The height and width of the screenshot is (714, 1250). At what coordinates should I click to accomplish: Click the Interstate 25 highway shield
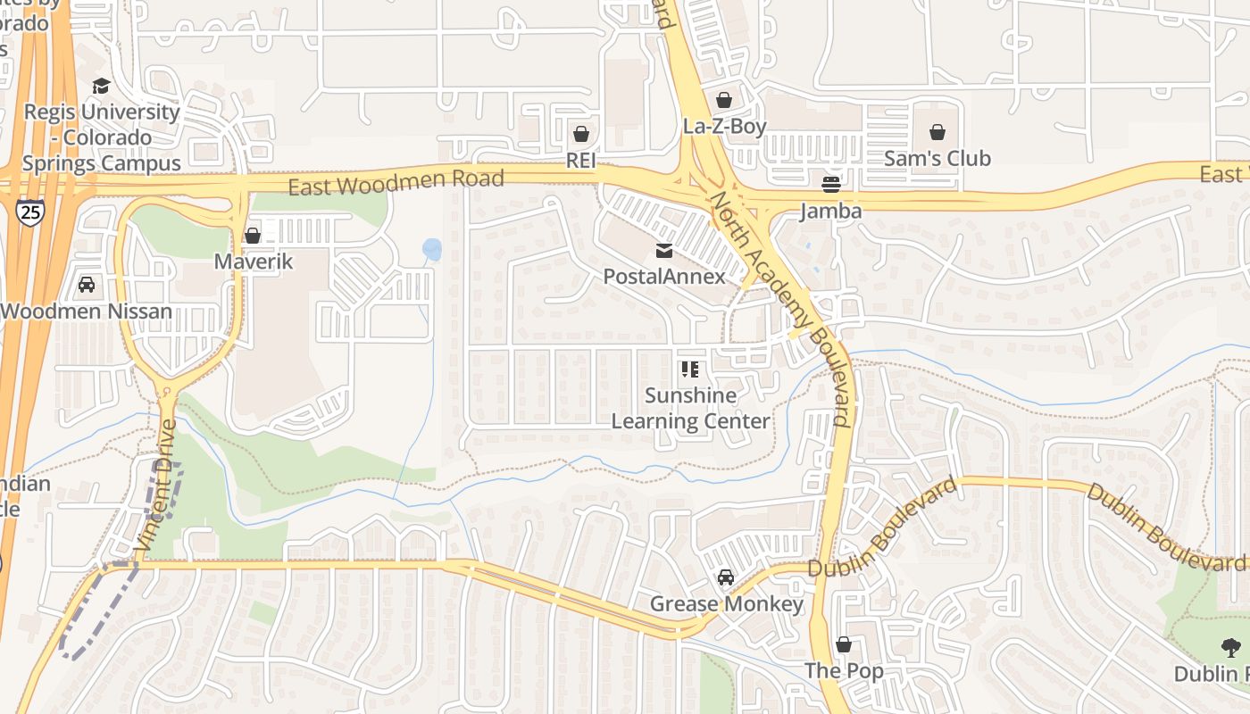[x=29, y=212]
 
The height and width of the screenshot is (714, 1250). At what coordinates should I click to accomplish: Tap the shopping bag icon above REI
[x=581, y=134]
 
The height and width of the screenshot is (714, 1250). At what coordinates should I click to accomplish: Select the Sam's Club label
[x=937, y=158]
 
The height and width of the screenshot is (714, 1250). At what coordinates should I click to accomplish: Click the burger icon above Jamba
[x=831, y=185]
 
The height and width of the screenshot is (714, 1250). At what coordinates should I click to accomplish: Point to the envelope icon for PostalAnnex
[x=664, y=251]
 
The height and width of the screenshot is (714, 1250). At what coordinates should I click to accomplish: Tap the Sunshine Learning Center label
[x=690, y=408]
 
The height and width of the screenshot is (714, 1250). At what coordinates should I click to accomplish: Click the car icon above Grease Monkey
[x=726, y=577]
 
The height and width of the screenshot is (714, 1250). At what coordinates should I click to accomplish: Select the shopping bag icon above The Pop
[x=844, y=644]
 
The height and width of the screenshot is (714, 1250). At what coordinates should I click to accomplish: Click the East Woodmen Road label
[x=396, y=182]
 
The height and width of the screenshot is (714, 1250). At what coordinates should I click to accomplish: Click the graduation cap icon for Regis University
[x=101, y=86]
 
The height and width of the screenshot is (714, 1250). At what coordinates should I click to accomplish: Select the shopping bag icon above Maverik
[x=253, y=236]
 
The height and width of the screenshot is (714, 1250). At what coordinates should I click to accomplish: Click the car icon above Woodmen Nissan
[x=87, y=285]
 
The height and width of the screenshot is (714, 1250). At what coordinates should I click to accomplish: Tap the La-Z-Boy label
[x=724, y=127]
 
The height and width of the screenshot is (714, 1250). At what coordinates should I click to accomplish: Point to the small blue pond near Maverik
[x=432, y=249]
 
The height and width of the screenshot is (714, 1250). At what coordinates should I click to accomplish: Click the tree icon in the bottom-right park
[x=1232, y=648]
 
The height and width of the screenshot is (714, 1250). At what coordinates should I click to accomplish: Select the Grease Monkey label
[x=726, y=604]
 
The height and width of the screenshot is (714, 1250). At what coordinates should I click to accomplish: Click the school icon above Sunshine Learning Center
[x=689, y=369]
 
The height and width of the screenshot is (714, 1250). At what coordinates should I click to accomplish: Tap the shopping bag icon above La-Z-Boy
[x=724, y=100]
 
